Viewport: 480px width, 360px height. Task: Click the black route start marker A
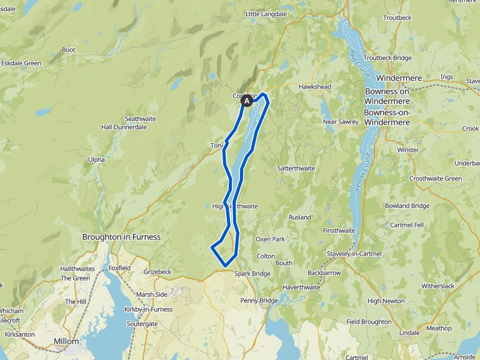(x=247, y=100)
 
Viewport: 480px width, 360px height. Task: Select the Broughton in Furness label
(x=121, y=237)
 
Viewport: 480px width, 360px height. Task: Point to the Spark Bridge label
(x=252, y=274)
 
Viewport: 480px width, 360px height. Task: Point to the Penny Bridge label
(x=259, y=301)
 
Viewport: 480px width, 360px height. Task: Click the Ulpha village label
(x=96, y=159)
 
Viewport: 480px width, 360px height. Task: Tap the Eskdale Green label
(x=21, y=63)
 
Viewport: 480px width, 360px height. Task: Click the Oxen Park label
(x=270, y=239)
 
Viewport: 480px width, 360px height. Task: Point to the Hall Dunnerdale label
(x=124, y=127)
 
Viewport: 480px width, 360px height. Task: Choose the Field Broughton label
(x=369, y=321)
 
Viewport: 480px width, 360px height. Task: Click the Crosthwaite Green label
(x=436, y=178)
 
